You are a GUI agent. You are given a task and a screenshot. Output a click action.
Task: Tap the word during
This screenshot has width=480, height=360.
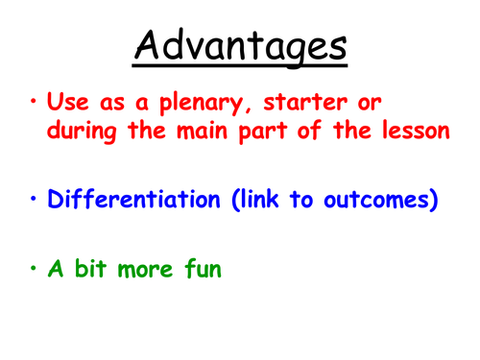84,132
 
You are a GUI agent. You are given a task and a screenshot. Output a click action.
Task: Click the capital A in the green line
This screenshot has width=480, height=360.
56,270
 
